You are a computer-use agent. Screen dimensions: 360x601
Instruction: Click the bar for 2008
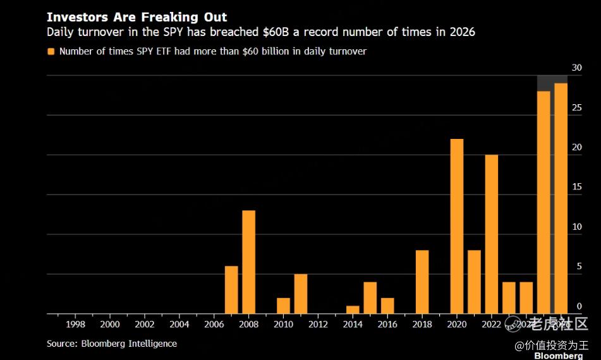click(248, 262)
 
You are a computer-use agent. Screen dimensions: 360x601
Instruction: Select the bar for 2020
click(457, 226)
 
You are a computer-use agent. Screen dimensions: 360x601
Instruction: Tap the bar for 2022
click(492, 234)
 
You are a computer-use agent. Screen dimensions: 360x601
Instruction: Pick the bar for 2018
click(422, 282)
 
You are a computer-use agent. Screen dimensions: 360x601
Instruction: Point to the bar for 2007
click(231, 290)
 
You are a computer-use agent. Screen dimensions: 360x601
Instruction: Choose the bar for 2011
click(301, 294)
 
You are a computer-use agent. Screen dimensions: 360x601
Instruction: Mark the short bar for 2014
click(353, 310)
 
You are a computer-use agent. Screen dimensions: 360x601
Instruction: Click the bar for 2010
click(283, 306)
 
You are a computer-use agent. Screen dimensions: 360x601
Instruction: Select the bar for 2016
click(387, 306)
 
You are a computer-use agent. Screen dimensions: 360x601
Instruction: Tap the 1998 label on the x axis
click(75, 325)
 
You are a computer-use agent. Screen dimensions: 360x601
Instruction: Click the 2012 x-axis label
click(318, 325)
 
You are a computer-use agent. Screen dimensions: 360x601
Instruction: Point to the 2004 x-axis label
click(179, 325)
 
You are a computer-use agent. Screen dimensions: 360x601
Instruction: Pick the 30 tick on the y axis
click(576, 68)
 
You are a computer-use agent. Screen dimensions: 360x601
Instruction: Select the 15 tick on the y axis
click(576, 187)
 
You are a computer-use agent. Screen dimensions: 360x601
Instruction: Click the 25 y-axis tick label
click(576, 107)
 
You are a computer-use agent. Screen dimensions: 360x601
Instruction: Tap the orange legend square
click(51, 51)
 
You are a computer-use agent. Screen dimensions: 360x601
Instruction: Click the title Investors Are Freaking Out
click(137, 17)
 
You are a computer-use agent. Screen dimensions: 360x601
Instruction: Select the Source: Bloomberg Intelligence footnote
click(112, 344)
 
